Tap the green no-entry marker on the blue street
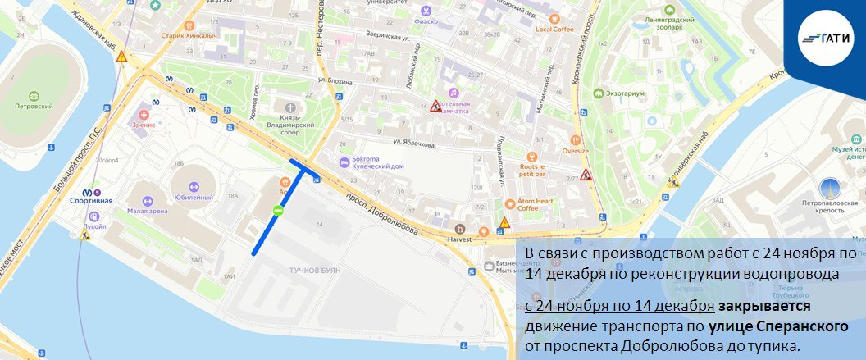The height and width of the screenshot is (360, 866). coord(278,211)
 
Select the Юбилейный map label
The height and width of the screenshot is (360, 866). coord(194,198)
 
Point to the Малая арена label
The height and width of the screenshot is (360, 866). coord(148,211)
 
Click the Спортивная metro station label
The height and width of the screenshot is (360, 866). coord(92,200)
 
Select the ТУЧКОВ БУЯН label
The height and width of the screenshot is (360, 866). coord(303,270)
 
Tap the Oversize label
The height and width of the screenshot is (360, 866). coord(576,150)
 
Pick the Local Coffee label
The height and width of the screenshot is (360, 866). coord(554,29)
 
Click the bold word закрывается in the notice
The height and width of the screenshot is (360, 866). coord(765,307)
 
